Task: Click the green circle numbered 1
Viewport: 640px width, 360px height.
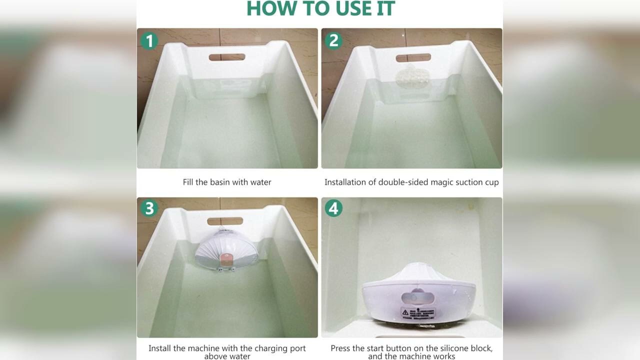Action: click(149, 40)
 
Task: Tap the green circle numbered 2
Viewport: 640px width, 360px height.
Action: click(333, 40)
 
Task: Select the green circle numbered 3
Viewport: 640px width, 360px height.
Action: click(149, 208)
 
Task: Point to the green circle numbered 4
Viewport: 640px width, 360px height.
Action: click(333, 208)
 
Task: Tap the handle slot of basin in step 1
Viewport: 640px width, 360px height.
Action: click(227, 57)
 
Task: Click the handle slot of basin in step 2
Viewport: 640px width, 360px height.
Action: click(413, 57)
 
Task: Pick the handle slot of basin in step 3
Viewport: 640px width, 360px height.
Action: click(225, 221)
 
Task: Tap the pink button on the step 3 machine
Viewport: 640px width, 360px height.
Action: click(226, 257)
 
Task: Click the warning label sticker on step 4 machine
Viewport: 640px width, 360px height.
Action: click(418, 313)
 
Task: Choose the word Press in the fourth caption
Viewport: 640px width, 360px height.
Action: click(340, 348)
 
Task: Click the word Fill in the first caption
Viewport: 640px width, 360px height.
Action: click(188, 182)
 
